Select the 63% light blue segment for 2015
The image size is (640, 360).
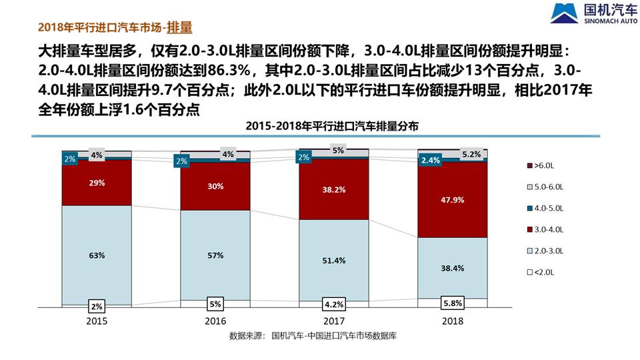click(97, 255)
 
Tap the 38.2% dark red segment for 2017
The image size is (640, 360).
click(333, 189)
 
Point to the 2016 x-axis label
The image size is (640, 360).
click(215, 321)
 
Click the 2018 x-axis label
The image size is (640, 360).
click(453, 321)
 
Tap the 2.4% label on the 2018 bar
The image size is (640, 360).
click(431, 160)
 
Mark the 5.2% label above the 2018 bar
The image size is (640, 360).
click(471, 155)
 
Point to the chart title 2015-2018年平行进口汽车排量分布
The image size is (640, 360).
click(332, 125)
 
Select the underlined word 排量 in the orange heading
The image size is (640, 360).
click(179, 27)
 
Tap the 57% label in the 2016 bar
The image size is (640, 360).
click(215, 255)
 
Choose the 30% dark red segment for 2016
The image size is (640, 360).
click(215, 187)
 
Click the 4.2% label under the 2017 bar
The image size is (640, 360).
click(333, 304)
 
